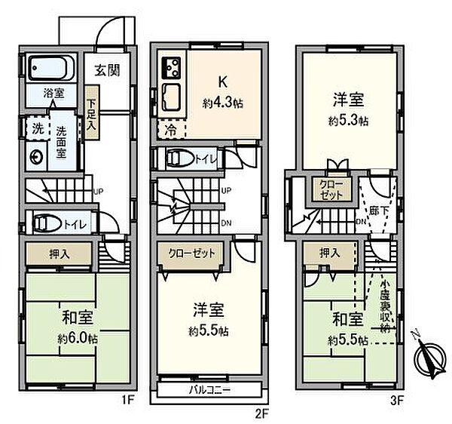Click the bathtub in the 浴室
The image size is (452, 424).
(52, 71)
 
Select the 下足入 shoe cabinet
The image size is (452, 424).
(91, 111)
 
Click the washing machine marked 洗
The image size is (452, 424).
(35, 128)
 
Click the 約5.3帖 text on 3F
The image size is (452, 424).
(349, 121)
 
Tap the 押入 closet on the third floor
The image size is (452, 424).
(329, 253)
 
